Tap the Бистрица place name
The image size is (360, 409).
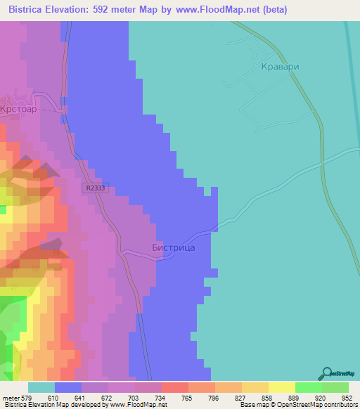point(173,247)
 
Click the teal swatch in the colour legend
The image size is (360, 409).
point(41,387)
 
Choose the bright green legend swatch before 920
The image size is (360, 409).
point(309,387)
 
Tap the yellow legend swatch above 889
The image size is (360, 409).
point(282,387)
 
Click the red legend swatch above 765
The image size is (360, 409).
point(175,387)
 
